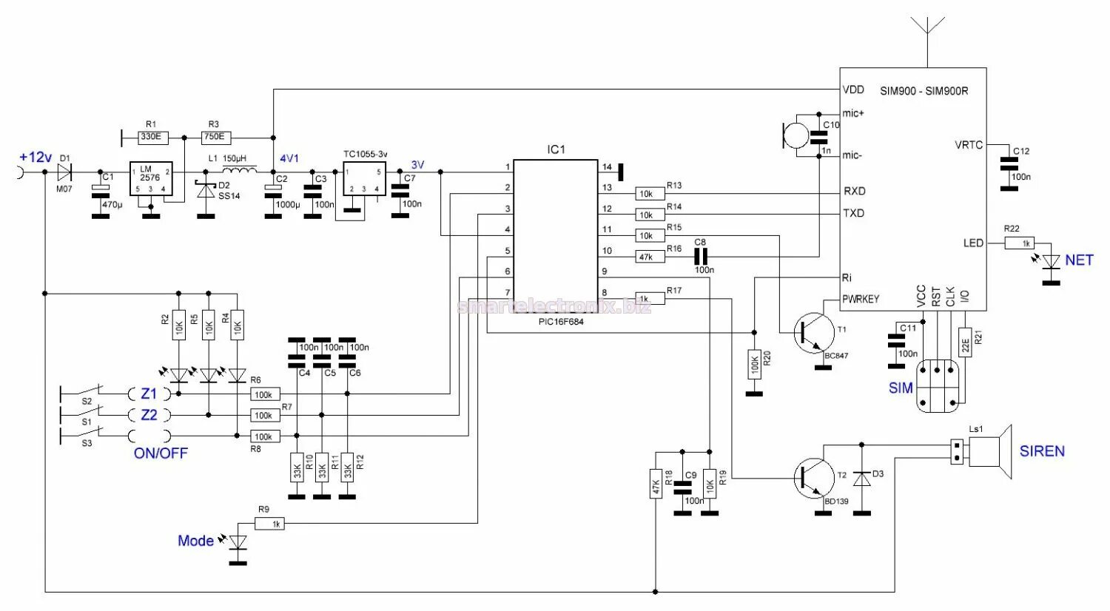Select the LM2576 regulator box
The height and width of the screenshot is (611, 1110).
pos(151,180)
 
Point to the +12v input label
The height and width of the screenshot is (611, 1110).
pos(36,158)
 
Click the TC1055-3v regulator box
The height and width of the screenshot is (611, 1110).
pos(364,180)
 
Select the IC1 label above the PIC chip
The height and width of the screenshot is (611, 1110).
pos(556,149)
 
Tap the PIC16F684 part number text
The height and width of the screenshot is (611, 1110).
pos(561,322)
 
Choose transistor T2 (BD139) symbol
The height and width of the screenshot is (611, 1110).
pos(811,478)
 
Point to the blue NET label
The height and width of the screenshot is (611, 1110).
pos(1078,260)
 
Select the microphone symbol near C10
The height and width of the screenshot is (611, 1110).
pos(796,135)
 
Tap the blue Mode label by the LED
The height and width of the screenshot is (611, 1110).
pos(195,541)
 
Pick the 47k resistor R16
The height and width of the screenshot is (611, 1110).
pos(646,257)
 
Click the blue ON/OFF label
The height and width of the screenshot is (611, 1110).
pos(161,453)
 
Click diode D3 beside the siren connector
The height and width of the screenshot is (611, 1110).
pos(861,479)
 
